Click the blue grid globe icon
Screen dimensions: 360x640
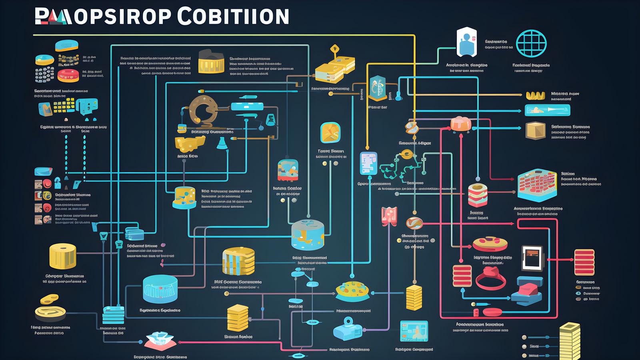531,43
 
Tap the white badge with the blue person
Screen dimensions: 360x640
466,42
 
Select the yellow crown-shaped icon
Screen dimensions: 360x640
535,95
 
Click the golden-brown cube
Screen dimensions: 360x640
536,130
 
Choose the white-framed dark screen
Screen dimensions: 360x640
532,258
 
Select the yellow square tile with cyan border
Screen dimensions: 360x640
330,133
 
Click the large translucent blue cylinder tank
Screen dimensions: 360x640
160,289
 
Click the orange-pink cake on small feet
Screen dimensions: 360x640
461,124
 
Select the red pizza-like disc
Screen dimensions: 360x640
490,244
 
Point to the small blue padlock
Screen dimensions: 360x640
58,183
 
